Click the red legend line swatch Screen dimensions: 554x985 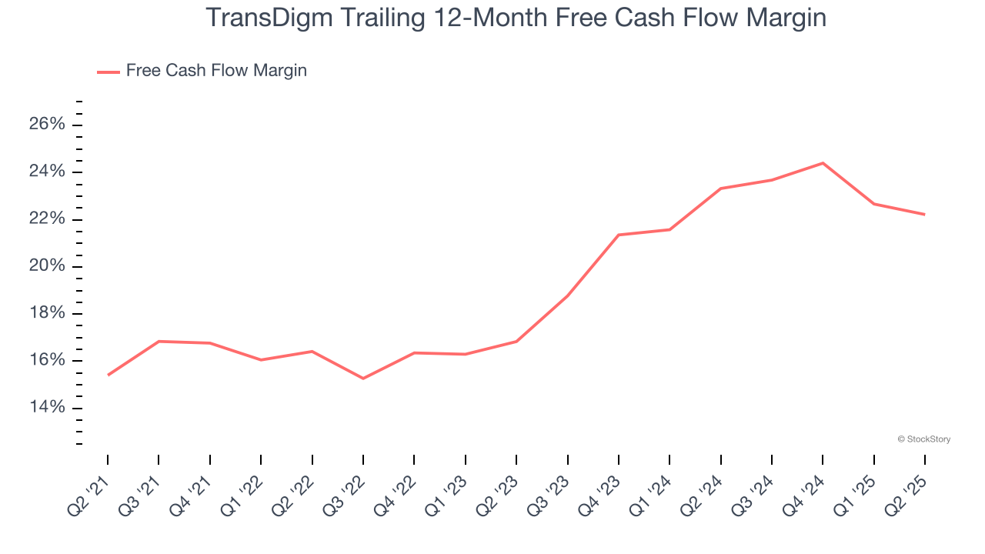[109, 72]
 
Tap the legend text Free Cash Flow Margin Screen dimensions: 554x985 [216, 71]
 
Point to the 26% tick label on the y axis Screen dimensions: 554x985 [48, 125]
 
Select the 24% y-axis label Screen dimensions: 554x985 [48, 172]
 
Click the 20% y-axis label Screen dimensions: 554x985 [48, 266]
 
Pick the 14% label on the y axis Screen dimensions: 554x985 [48, 408]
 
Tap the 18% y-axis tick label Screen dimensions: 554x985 [48, 314]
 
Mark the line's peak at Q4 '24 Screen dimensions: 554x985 [823, 163]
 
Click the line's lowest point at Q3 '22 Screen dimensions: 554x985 [363, 379]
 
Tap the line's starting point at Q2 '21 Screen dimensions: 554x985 [108, 375]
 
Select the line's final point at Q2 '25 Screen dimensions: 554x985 [925, 215]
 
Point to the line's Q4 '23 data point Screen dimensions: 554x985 [619, 235]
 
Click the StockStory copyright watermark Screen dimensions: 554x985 [923, 439]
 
